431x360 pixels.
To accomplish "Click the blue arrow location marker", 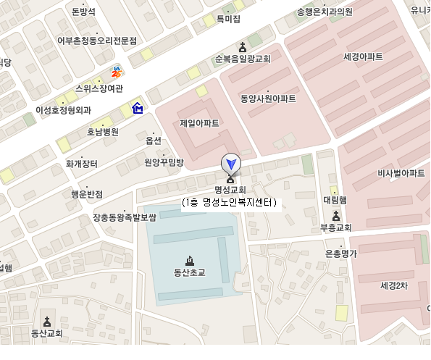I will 230,163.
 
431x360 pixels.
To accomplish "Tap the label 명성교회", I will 230,190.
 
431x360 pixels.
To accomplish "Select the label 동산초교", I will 190,273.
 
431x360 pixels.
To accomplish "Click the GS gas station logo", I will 116,71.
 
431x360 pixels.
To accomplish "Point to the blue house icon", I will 137,109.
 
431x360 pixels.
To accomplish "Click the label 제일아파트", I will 199,123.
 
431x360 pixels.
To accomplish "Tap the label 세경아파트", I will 363,56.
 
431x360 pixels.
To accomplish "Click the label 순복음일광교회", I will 242,59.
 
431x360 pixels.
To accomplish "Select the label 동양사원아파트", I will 268,99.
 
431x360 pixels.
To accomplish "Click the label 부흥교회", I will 335,227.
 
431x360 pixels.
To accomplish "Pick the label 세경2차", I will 395,285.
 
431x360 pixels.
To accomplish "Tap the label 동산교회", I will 47,334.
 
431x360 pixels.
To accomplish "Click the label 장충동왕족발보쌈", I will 125,217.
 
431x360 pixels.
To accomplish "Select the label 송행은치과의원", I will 324,12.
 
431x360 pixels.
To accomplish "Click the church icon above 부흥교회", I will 335,215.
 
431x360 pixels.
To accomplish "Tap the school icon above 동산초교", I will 190,261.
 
